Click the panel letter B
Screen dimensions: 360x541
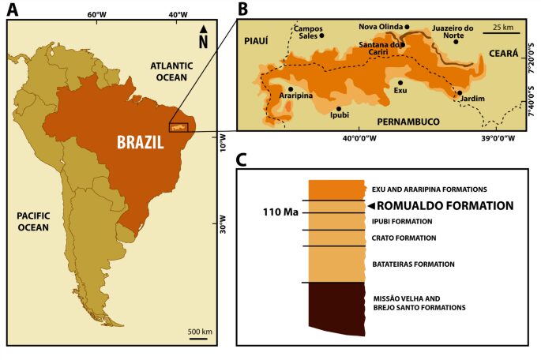click(243, 9)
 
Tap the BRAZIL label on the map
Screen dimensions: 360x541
click(140, 143)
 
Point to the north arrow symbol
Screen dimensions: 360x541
click(204, 31)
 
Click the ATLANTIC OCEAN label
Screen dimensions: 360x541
click(171, 72)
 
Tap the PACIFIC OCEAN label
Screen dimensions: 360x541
click(25, 223)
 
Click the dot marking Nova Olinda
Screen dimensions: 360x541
click(408, 26)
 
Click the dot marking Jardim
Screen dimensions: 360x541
click(460, 92)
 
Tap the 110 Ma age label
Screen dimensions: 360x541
click(280, 212)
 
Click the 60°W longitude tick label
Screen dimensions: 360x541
click(97, 14)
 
